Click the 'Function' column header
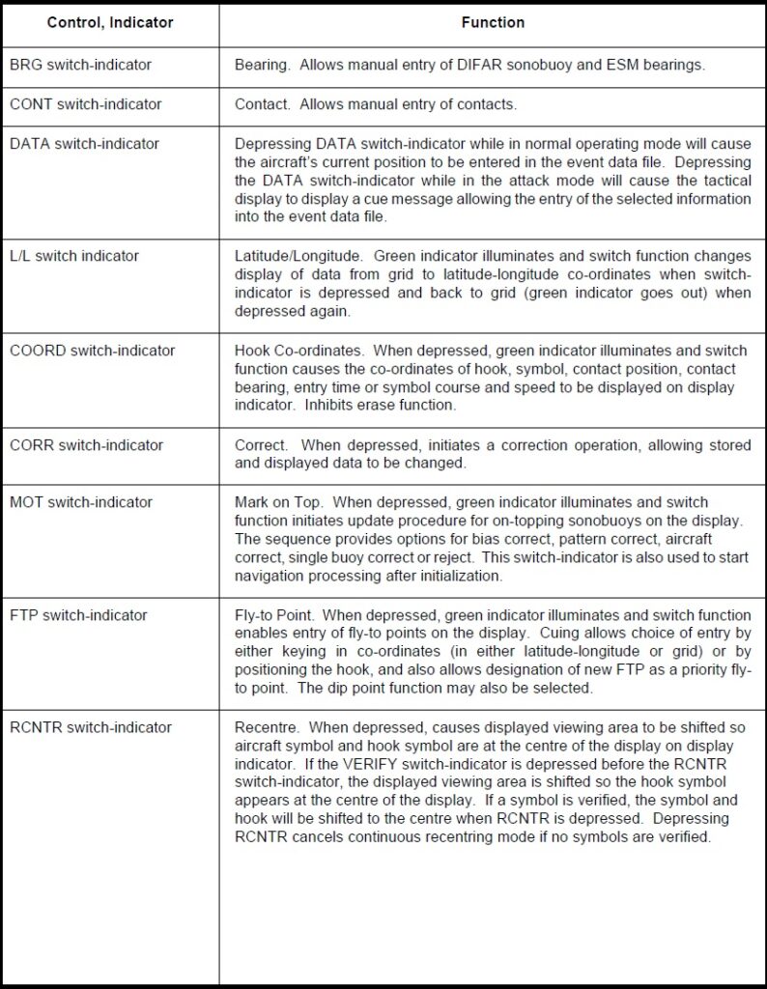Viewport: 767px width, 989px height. pyautogui.click(x=493, y=22)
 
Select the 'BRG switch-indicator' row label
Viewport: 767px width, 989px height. pyautogui.click(x=80, y=65)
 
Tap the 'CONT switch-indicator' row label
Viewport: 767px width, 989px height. pyautogui.click(x=85, y=103)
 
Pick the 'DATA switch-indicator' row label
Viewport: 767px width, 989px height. pyautogui.click(x=84, y=143)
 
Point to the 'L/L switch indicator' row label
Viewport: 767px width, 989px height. pyautogui.click(x=74, y=256)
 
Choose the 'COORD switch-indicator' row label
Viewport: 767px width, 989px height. pyautogui.click(x=93, y=351)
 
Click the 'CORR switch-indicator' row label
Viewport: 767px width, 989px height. pyautogui.click(x=86, y=445)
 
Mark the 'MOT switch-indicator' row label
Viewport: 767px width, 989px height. pyautogui.click(x=81, y=502)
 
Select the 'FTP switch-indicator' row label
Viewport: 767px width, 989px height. pyautogui.click(x=78, y=615)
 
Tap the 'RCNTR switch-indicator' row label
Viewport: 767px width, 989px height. pyautogui.click(x=91, y=727)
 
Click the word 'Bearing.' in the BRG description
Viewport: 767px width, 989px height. pyautogui.click(x=263, y=65)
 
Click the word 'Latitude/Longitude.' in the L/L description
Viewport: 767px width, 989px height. pyautogui.click(x=298, y=256)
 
